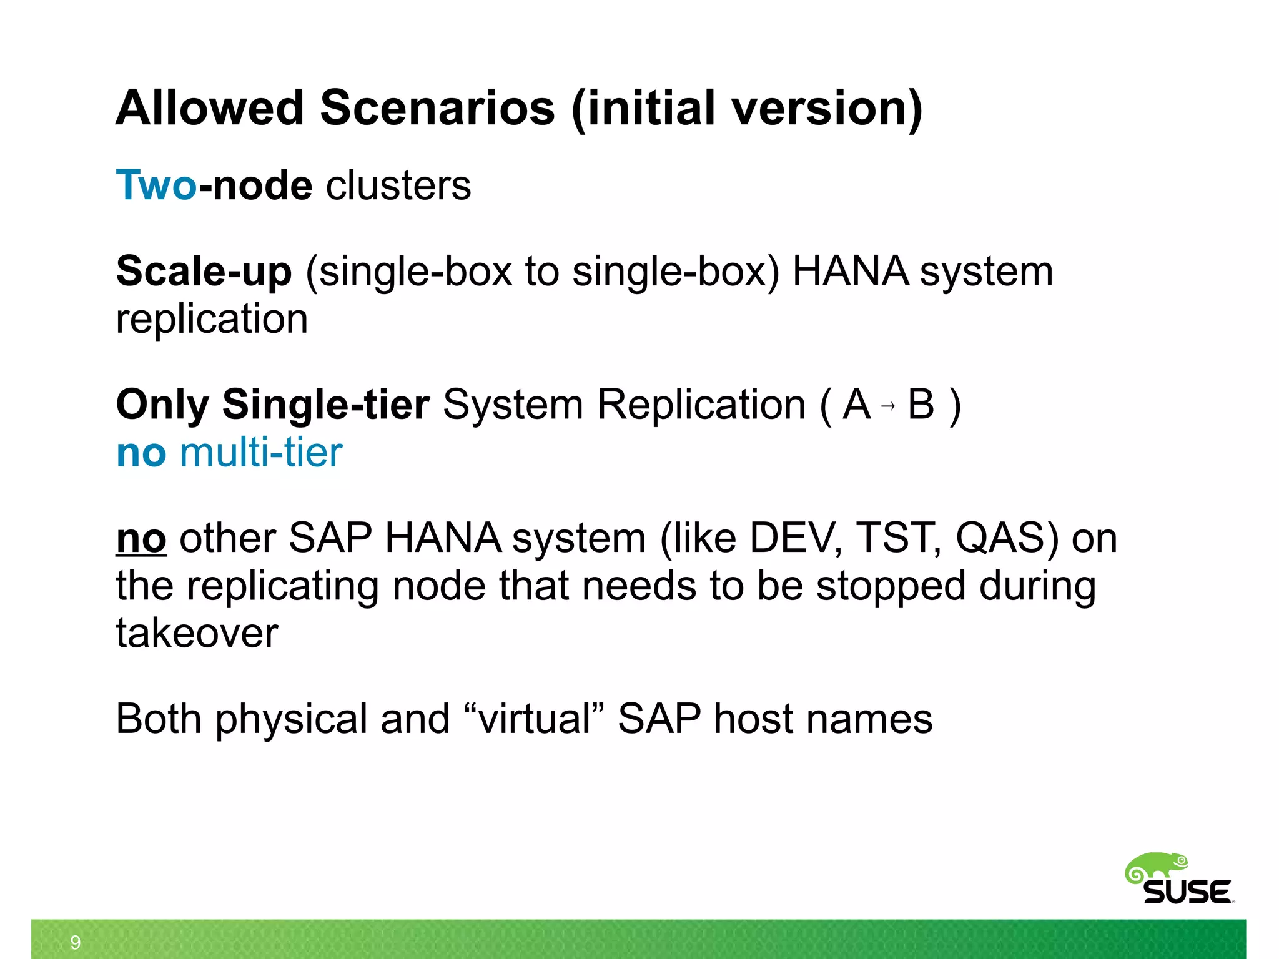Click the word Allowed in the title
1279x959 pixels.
pos(210,107)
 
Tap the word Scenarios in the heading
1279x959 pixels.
pos(437,107)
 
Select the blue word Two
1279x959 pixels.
pos(156,185)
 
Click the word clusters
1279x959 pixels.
pos(398,185)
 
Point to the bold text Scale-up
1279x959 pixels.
pos(204,272)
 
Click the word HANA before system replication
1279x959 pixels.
pos(850,272)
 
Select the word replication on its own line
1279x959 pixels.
pos(212,319)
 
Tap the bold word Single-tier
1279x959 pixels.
pos(325,405)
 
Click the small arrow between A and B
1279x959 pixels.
pos(888,406)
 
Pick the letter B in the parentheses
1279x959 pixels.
pos(921,405)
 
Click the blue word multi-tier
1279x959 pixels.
pos(261,453)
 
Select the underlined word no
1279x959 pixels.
pos(141,538)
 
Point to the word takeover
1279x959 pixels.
pos(197,633)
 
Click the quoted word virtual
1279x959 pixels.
pos(535,719)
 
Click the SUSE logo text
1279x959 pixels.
pos(1187,892)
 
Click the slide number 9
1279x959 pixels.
pos(76,942)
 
